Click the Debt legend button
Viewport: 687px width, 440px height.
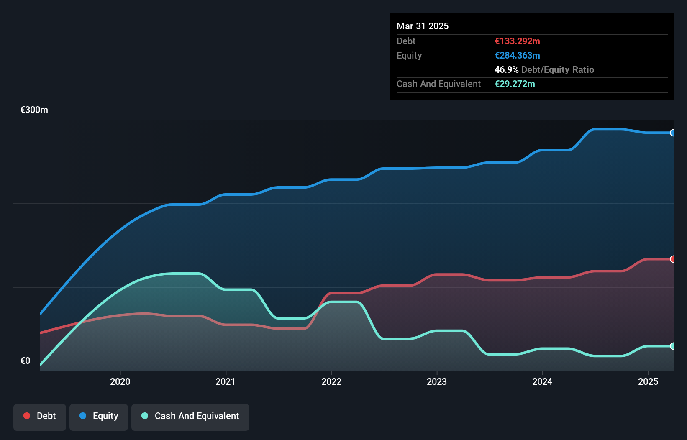tap(40, 417)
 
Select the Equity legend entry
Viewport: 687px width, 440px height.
tap(99, 417)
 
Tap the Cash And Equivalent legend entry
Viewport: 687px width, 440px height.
tap(190, 417)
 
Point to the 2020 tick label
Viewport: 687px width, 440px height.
tap(120, 381)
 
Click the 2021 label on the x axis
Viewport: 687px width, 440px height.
tap(226, 381)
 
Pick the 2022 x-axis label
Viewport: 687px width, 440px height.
tap(331, 381)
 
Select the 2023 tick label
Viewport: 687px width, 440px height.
tap(437, 381)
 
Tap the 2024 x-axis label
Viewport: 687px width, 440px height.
tap(542, 381)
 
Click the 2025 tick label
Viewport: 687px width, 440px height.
tap(648, 381)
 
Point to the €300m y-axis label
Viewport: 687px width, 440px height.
tap(34, 110)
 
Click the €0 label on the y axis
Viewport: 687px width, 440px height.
tap(25, 361)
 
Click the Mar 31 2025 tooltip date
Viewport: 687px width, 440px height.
tap(423, 26)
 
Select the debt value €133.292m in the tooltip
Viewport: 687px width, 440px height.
tap(517, 41)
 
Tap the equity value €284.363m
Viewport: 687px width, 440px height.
tap(517, 55)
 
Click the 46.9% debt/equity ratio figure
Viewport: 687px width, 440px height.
tap(506, 69)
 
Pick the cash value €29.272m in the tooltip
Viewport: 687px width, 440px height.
tap(515, 84)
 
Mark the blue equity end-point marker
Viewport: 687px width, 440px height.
tap(672, 133)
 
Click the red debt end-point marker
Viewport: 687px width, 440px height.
tap(672, 259)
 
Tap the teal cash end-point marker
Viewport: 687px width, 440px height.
tap(672, 346)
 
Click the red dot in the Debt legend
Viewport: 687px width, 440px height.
tap(27, 416)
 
